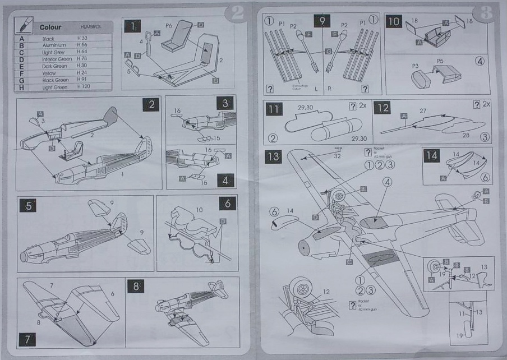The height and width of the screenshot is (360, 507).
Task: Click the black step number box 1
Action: pyautogui.click(x=132, y=26)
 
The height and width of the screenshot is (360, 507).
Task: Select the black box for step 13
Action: pyautogui.click(x=274, y=156)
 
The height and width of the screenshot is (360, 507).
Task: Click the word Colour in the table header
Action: pyautogui.click(x=50, y=27)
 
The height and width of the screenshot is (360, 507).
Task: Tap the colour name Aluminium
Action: pyautogui.click(x=54, y=45)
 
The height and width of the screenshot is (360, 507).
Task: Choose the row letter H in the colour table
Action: pyautogui.click(x=22, y=87)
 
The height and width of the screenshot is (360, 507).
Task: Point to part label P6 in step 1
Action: pyautogui.click(x=168, y=26)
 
